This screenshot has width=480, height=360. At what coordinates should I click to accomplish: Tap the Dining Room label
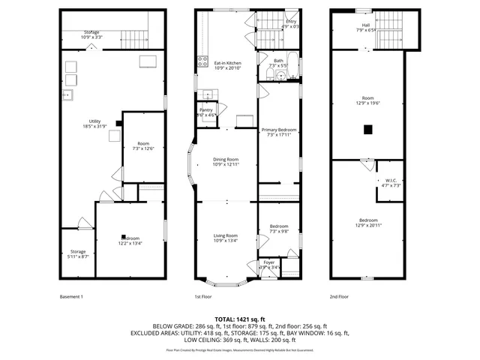pyautogui.click(x=226, y=161)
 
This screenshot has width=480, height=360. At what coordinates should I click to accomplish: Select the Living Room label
pyautogui.click(x=226, y=238)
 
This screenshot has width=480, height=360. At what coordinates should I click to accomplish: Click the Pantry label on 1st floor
pyautogui.click(x=206, y=112)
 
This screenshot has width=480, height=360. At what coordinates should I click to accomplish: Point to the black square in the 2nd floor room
pyautogui.click(x=367, y=129)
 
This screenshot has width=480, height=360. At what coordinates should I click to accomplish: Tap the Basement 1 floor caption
pyautogui.click(x=71, y=297)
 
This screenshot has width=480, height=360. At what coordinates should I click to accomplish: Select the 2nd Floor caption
pyautogui.click(x=339, y=297)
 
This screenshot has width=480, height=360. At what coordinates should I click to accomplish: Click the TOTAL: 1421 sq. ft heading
pyautogui.click(x=239, y=319)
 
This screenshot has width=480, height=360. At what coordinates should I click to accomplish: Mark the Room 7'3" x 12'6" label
pyautogui.click(x=142, y=145)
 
